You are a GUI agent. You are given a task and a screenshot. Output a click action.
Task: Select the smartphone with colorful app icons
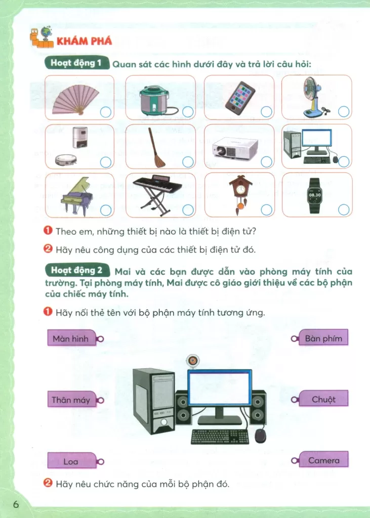pos(240,96)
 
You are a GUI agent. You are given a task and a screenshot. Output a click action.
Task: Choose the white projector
pos(235,147)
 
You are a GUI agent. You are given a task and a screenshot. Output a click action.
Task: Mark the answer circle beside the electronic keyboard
pos(188,210)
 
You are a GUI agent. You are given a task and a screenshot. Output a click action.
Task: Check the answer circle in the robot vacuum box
pos(105,162)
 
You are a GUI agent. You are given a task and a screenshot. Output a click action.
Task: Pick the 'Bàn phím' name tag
pos(320,337)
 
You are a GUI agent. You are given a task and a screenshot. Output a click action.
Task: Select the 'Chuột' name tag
pos(320,399)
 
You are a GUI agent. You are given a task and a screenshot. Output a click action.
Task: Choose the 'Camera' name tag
pos(320,460)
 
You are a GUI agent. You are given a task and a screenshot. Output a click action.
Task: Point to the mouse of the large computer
pos(260,436)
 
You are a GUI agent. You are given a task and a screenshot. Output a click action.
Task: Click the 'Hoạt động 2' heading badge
pos(77,271)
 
